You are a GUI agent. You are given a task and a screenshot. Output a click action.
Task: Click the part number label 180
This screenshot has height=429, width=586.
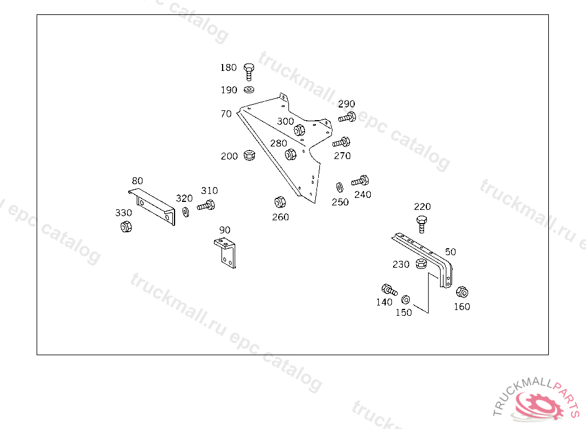[x=228, y=67]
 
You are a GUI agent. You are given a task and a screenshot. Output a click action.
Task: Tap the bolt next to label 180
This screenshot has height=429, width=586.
[x=249, y=71]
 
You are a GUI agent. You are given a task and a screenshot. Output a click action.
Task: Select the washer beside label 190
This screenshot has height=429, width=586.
[x=249, y=89]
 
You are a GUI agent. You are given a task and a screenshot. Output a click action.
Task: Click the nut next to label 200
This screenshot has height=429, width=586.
[x=249, y=155]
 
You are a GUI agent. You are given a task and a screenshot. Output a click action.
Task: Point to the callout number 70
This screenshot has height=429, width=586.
[x=226, y=114]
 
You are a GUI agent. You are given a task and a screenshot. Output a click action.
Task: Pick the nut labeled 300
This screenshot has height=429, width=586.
[x=299, y=130]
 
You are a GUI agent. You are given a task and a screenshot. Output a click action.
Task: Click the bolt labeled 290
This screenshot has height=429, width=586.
[x=347, y=117]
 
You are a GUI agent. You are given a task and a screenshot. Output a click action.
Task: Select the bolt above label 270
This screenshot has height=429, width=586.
[x=341, y=142]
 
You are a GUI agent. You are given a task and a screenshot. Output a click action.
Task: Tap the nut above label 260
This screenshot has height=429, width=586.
[x=280, y=202]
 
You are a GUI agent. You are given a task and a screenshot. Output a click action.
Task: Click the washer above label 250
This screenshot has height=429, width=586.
[x=339, y=186]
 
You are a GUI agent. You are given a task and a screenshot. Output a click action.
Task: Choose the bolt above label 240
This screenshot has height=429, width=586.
[x=359, y=181]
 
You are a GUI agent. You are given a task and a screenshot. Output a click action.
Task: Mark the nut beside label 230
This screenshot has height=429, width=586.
[x=421, y=264]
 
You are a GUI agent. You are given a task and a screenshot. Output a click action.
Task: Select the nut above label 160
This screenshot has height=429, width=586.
[x=462, y=292]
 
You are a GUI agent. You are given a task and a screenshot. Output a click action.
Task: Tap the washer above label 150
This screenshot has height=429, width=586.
[x=406, y=299]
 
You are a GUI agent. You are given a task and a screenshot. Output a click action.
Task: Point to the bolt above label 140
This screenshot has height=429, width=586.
[x=389, y=289]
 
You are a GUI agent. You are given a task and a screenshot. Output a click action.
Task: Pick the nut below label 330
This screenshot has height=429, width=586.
[x=125, y=227]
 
